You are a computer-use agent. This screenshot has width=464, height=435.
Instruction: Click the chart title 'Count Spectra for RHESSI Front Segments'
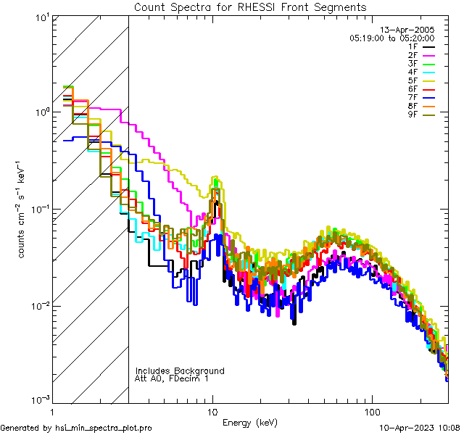pos(250,7)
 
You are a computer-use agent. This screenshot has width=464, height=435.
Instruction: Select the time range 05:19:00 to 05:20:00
pos(391,38)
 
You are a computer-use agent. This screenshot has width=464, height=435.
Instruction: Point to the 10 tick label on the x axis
pos(212,411)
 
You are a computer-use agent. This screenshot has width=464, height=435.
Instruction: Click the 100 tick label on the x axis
pos(372,411)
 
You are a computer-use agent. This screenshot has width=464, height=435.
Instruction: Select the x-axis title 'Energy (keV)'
pos(250,422)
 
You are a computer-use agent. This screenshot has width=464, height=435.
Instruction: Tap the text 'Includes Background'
pos(180,371)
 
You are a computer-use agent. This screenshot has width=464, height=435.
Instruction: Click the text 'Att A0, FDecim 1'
pos(172,379)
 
